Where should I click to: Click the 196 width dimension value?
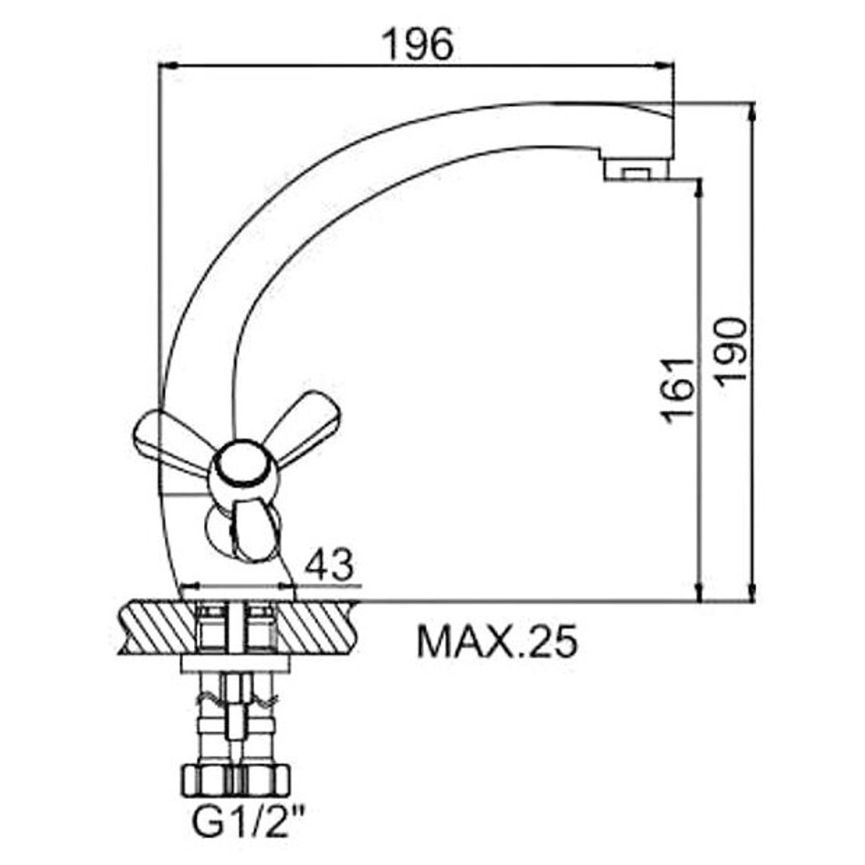[419, 45]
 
